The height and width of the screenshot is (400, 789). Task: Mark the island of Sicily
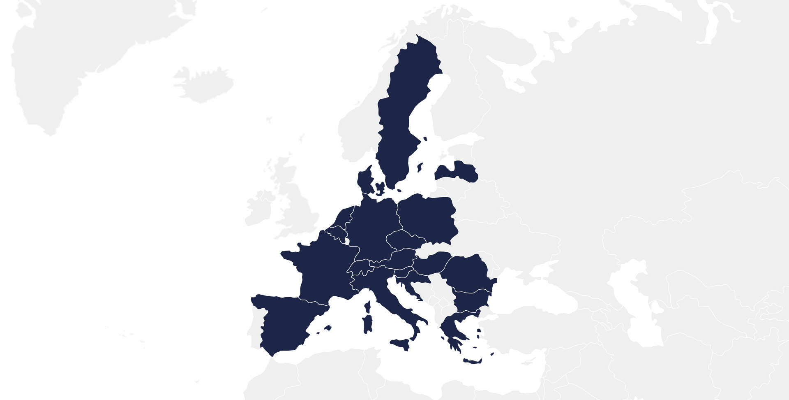point(401,344)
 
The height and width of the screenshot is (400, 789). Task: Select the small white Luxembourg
point(347,242)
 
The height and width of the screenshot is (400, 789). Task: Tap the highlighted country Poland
point(427,218)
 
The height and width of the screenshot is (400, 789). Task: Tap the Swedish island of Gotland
point(420,167)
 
